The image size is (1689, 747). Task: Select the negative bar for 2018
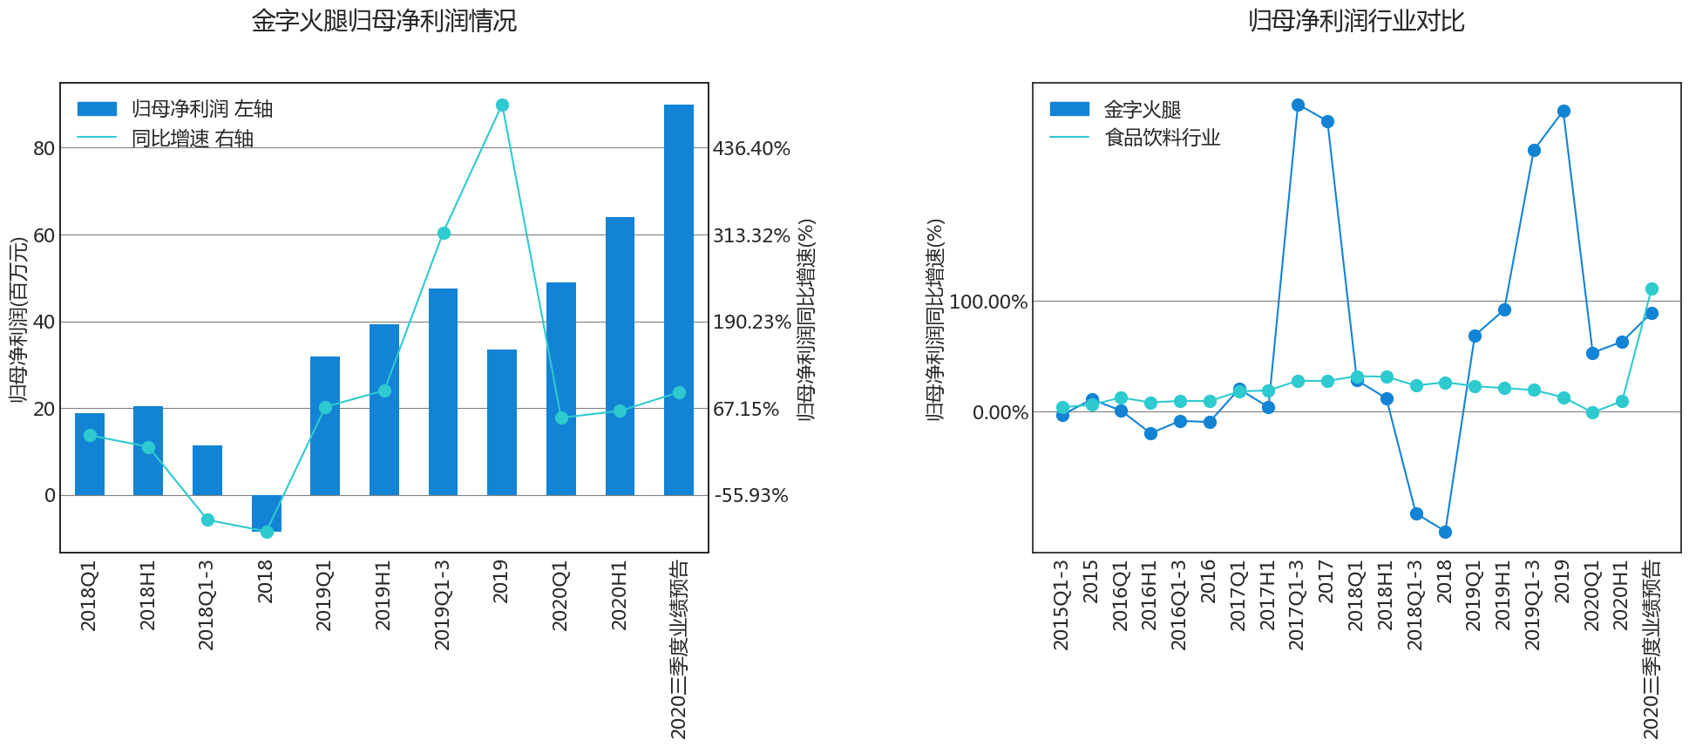tap(267, 513)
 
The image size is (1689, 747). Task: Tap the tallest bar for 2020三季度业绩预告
tap(679, 300)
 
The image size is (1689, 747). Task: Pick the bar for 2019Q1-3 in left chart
tap(443, 391)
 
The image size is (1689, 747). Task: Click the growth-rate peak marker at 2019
tap(502, 105)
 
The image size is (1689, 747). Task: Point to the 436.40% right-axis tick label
tap(751, 149)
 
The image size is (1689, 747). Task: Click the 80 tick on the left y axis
tap(44, 149)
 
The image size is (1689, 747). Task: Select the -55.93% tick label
tap(751, 496)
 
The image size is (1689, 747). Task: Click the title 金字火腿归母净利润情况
tap(384, 21)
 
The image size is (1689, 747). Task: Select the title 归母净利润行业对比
tap(1356, 21)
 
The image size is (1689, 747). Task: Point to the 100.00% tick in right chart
tap(988, 302)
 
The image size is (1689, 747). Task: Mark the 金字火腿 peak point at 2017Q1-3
tap(1298, 105)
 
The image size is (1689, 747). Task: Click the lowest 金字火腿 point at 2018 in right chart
tap(1445, 532)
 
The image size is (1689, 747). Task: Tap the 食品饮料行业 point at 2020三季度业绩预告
tap(1652, 289)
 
